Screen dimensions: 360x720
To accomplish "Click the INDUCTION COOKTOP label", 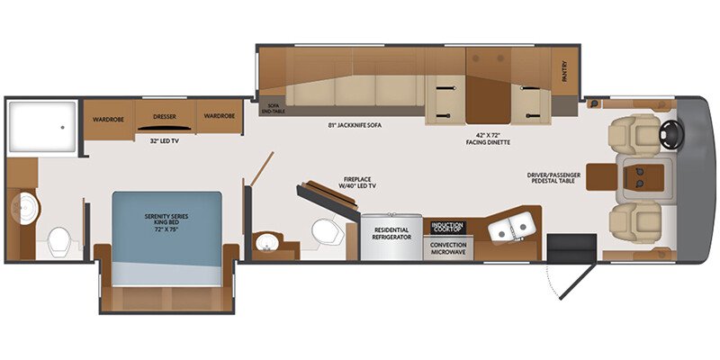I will point(447,227).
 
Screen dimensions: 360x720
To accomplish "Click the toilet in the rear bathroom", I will point(60,240).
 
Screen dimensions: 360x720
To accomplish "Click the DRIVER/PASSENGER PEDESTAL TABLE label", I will point(562,178).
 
